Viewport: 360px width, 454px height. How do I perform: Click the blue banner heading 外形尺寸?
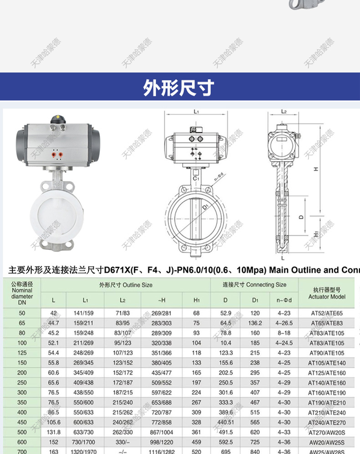pyautogui.click(x=179, y=88)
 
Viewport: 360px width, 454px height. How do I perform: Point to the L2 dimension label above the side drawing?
pyautogui.click(x=283, y=111)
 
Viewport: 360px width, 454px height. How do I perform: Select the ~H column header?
pyautogui.click(x=161, y=300)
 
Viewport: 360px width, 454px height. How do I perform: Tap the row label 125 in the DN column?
pyautogui.click(x=22, y=353)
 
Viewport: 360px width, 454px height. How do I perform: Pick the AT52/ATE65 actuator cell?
pyautogui.click(x=327, y=314)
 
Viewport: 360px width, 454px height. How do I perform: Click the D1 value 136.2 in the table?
pyautogui.click(x=255, y=323)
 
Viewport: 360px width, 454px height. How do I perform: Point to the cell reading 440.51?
pyautogui.click(x=226, y=422)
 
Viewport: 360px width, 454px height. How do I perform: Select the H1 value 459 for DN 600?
pyautogui.click(x=196, y=442)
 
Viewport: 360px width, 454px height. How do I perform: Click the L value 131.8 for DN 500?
pyautogui.click(x=54, y=432)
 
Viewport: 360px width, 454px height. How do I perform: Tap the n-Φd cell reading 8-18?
pyautogui.click(x=283, y=333)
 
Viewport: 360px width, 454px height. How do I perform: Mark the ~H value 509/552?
pyautogui.click(x=161, y=382)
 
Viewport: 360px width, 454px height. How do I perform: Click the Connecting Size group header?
pyautogui.click(x=254, y=285)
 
